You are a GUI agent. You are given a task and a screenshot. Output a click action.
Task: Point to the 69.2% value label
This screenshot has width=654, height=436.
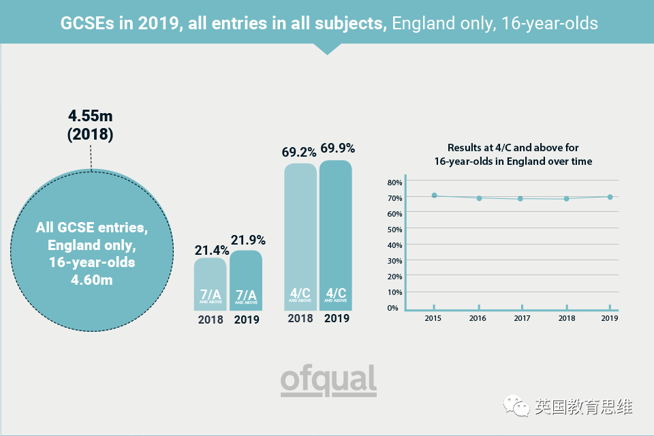[x=300, y=151]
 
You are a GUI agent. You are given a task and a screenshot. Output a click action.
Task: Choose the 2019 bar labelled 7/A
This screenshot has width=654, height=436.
[x=246, y=281]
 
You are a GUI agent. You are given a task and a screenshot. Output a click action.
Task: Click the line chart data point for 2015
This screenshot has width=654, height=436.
[x=434, y=196]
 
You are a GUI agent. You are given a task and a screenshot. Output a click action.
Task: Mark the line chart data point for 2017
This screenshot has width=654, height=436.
[x=520, y=198]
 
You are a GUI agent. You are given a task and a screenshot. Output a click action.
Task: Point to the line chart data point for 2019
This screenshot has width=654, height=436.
[x=610, y=197]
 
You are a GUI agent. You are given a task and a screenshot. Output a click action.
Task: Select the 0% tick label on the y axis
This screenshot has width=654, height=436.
[x=394, y=308]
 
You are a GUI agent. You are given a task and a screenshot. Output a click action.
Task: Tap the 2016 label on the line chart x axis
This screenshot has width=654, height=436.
[x=478, y=318]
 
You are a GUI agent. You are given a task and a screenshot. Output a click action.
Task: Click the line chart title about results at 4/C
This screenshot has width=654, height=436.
[x=512, y=155]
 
